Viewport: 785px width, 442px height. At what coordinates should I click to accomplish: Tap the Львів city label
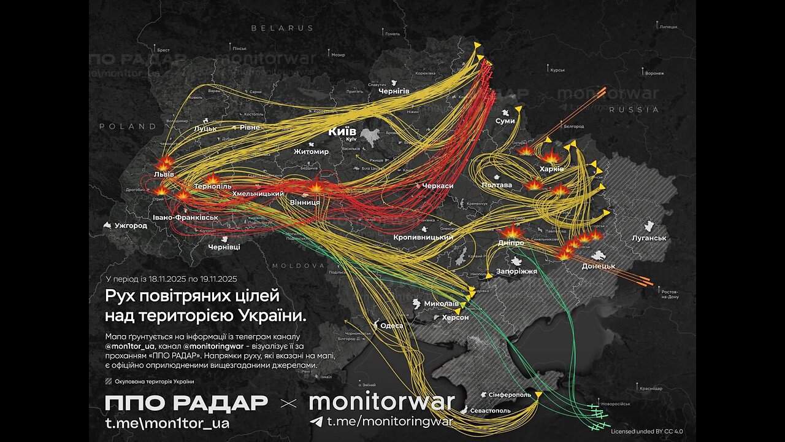tap(164, 174)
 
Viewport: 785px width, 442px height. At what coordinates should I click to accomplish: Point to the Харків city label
tap(551, 169)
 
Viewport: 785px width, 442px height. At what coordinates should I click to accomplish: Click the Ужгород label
tap(131, 225)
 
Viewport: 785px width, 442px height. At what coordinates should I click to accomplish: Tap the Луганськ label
tap(649, 238)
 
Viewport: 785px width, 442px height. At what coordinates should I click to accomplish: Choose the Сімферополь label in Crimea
tap(510, 394)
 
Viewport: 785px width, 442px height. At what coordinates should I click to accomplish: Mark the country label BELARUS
tap(281, 28)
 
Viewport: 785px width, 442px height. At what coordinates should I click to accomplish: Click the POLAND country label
tap(128, 126)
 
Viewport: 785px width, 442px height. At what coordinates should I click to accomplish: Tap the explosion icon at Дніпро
tap(511, 232)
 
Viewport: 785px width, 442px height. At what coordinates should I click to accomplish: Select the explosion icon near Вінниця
tap(316, 186)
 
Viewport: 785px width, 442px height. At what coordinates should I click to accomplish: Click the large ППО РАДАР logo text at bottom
tap(186, 403)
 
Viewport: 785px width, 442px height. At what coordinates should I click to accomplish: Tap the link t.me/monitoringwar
tap(389, 421)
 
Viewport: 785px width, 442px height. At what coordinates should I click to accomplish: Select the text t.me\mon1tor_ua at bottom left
tap(167, 422)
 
